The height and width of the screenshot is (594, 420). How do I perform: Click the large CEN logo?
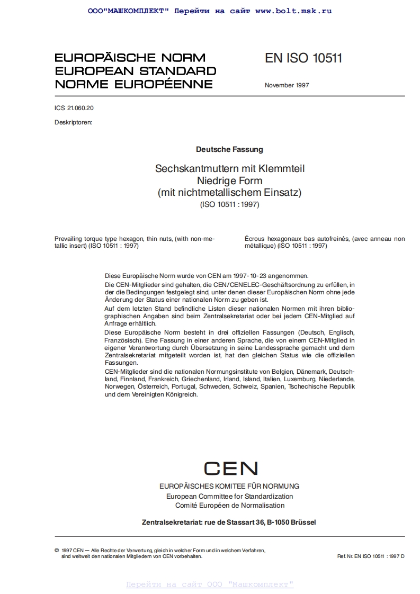230,469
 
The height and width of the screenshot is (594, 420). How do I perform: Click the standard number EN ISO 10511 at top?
303,58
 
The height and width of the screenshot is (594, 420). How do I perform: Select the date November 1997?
287,85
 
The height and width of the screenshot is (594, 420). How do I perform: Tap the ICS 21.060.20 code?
74,108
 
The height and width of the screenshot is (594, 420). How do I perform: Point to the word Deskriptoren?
73,122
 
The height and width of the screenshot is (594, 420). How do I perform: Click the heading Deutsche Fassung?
229,150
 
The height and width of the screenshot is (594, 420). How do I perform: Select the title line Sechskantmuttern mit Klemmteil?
229,169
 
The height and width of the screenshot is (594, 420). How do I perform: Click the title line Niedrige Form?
229,181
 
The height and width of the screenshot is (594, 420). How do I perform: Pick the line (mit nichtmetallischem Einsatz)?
229,193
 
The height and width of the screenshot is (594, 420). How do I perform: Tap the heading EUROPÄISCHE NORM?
130,58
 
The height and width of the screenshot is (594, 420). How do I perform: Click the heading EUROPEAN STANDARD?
135,71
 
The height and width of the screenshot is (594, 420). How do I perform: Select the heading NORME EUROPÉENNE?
133,84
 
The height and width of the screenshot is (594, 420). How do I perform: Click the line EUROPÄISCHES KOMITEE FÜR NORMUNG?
229,486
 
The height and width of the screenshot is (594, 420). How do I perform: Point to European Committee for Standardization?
229,497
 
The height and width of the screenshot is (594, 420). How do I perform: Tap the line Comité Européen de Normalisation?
229,506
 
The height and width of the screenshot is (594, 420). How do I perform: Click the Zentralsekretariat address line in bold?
229,522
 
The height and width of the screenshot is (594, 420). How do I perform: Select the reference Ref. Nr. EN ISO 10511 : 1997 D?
370,556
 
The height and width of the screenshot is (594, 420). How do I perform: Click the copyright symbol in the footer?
57,551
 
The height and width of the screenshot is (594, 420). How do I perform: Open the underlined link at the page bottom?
210,584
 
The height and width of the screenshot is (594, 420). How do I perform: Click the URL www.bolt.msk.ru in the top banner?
293,11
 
